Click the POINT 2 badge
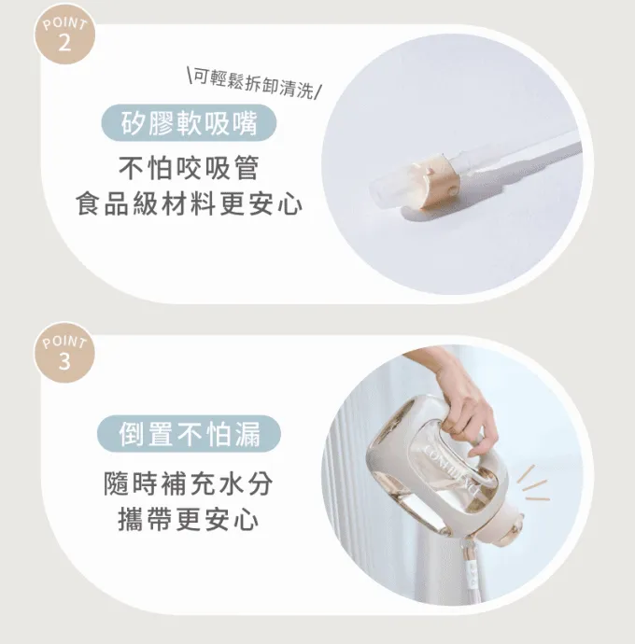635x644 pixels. click(64, 35)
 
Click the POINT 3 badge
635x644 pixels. click(64, 353)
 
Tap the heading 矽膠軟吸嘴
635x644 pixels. click(189, 123)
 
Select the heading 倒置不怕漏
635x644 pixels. click(189, 434)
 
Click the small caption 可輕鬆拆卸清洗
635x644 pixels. click(254, 83)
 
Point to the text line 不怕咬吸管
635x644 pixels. click(189, 168)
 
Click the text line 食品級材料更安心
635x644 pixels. click(189, 204)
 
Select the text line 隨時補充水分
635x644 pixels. click(189, 483)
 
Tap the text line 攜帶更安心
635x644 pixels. click(189, 519)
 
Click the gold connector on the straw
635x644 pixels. click(436, 182)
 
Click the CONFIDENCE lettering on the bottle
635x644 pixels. click(450, 469)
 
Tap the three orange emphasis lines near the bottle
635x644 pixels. click(533, 484)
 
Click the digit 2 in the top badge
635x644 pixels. click(65, 42)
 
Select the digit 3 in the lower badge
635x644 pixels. click(65, 361)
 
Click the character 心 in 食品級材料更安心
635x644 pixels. click(289, 204)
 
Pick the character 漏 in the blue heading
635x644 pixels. click(247, 434)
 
